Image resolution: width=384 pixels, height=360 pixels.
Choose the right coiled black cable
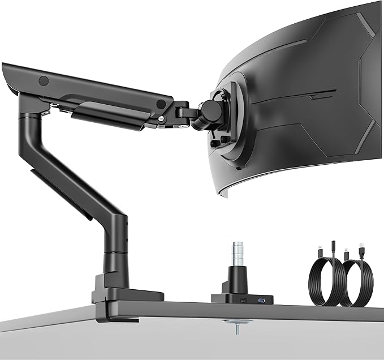click(356, 283)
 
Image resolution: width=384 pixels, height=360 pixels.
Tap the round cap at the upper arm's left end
click(44, 81)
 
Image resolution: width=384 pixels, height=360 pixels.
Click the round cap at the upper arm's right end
click(161, 104)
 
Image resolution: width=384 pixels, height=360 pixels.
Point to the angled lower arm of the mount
click(74, 170)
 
